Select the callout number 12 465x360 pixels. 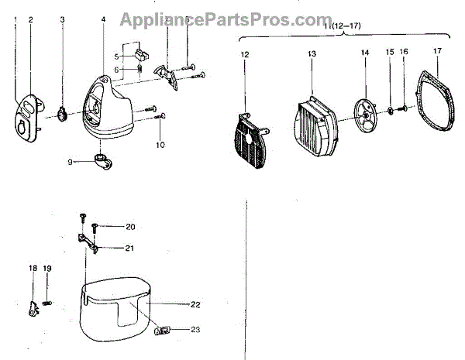[245, 54]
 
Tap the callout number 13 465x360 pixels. [312, 54]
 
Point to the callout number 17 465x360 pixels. [437, 52]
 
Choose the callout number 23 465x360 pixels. [195, 330]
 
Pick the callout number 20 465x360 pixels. [130, 227]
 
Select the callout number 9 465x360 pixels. [70, 162]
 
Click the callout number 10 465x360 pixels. [160, 145]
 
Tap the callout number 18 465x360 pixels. [33, 268]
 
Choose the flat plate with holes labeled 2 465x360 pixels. [29, 115]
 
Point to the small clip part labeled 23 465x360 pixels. [164, 331]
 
